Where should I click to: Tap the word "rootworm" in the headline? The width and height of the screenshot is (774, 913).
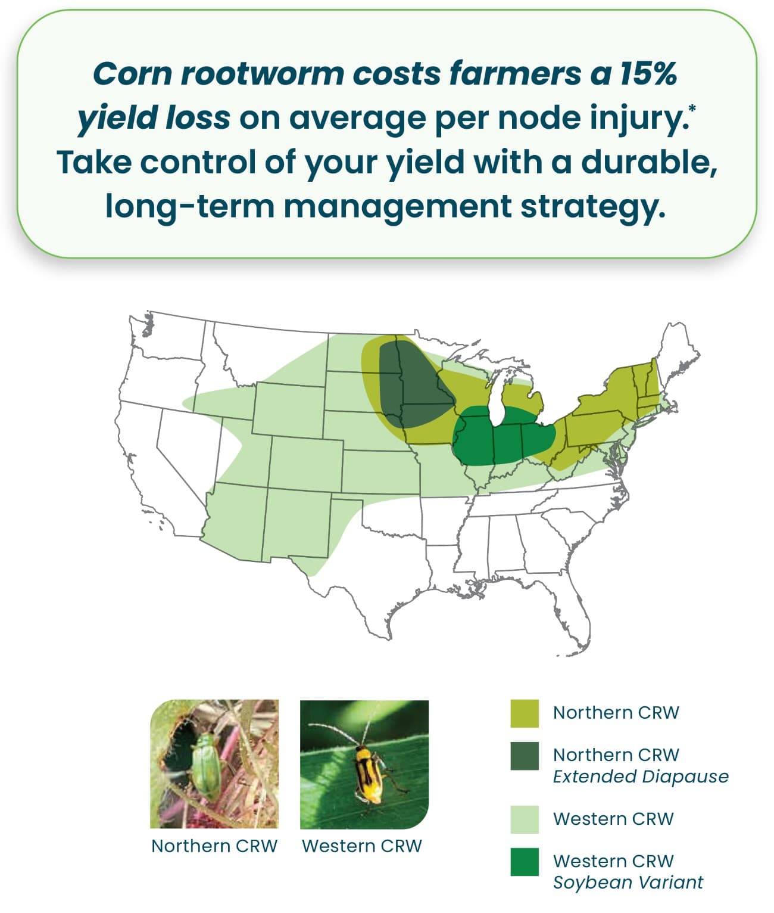262,73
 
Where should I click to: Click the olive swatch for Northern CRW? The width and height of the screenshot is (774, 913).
524,713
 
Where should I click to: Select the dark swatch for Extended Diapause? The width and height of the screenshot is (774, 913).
524,756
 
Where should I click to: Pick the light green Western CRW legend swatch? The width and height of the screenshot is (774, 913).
524,819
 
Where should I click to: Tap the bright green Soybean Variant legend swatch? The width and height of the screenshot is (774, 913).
524,862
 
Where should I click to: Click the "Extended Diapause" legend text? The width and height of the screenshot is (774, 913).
640,777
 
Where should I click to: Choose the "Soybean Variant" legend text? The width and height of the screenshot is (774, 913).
628,882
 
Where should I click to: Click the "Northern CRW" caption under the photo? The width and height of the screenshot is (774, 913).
214,846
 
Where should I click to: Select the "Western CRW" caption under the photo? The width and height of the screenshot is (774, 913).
362,846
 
